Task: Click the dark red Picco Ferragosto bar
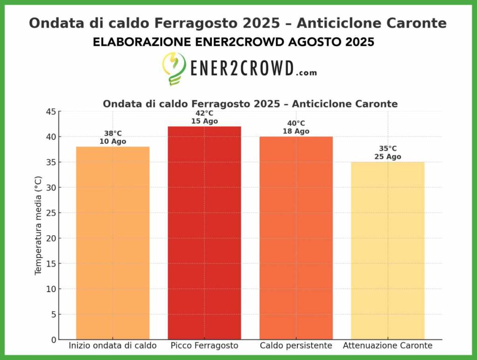pyautogui.click(x=204, y=233)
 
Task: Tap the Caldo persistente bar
pyautogui.click(x=296, y=238)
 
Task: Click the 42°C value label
pyautogui.click(x=204, y=113)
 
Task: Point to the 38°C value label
pyautogui.click(x=113, y=134)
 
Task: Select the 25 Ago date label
pyautogui.click(x=388, y=157)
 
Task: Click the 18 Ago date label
pyautogui.click(x=296, y=131)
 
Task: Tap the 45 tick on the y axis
pyautogui.click(x=50, y=112)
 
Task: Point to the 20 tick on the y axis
pyautogui.click(x=50, y=238)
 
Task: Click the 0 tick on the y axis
pyautogui.click(x=53, y=340)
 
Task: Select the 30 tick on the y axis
pyautogui.click(x=50, y=188)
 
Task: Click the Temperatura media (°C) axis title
pyautogui.click(x=38, y=225)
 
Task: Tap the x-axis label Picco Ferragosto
pyautogui.click(x=204, y=346)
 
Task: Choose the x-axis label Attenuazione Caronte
pyautogui.click(x=388, y=346)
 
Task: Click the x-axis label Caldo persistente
pyautogui.click(x=296, y=346)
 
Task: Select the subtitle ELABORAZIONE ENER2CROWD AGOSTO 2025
pyautogui.click(x=233, y=42)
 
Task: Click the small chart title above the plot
pyautogui.click(x=250, y=104)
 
